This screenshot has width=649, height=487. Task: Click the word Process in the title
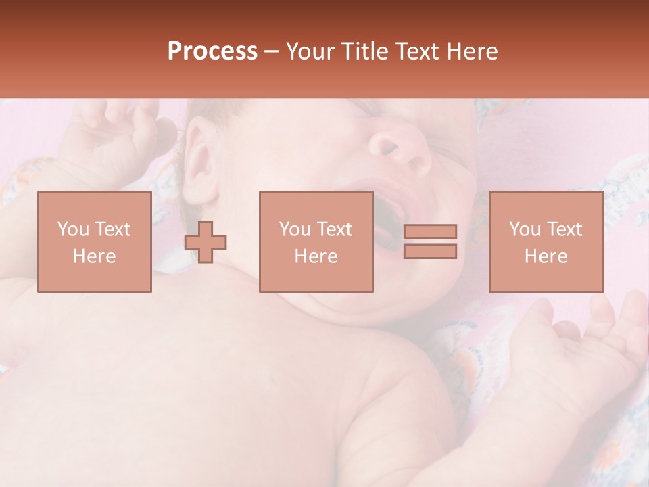tap(212, 51)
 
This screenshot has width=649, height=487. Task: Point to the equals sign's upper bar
tap(430, 232)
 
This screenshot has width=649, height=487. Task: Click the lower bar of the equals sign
tap(430, 252)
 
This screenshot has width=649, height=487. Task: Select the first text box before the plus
tap(95, 242)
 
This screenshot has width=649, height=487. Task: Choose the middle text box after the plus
tap(316, 242)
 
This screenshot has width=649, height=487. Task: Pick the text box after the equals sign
tap(546, 242)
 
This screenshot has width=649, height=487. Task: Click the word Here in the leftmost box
tap(95, 256)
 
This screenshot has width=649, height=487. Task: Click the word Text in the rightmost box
tap(565, 229)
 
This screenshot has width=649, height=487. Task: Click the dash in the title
tap(272, 51)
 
